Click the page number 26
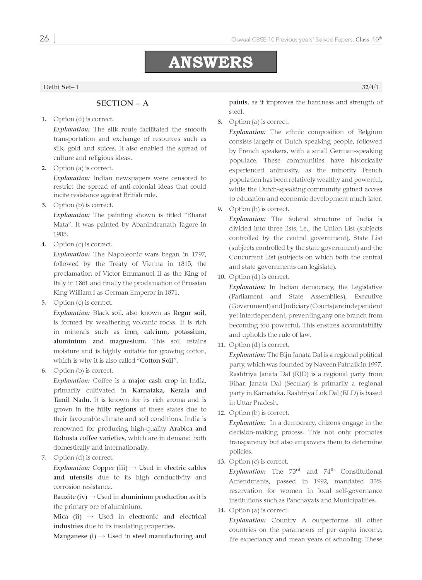tap(44, 38)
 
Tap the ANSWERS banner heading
tap(210, 62)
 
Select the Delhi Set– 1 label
tap(61, 87)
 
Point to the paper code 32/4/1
tap(370, 87)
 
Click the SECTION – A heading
tap(122, 103)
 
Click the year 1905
tap(60, 234)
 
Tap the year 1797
tap(198, 254)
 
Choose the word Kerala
tap(180, 390)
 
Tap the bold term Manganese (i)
tap(75, 536)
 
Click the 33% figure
tap(376, 481)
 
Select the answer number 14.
tap(221, 510)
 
